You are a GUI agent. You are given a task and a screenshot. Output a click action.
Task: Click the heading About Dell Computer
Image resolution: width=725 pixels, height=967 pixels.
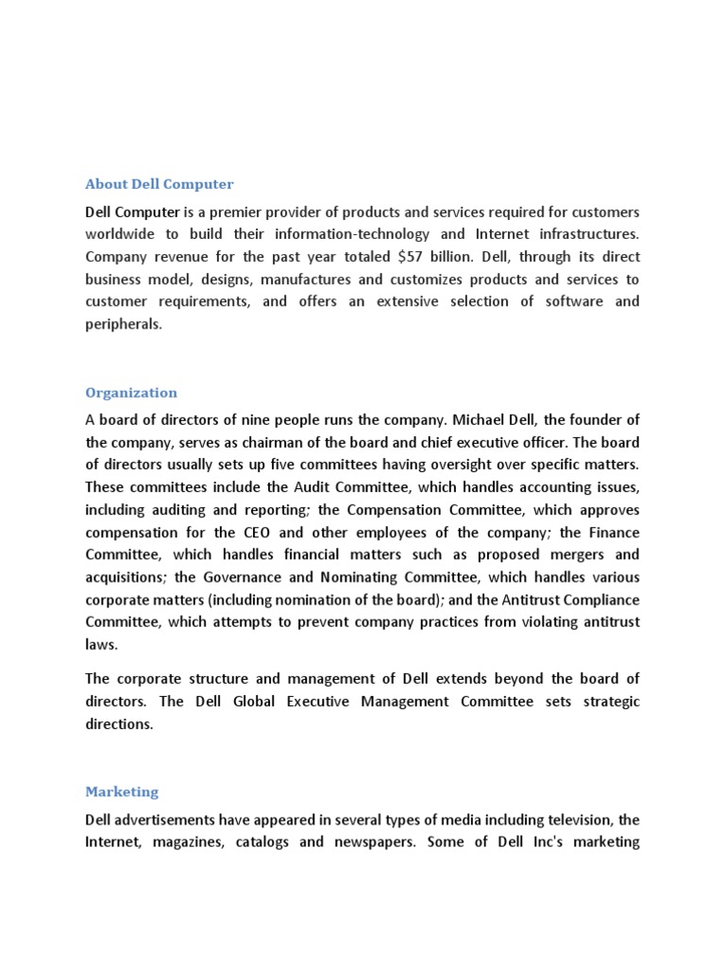(x=160, y=184)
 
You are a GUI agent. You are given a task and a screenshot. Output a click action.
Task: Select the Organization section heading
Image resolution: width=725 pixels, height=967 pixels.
(x=131, y=392)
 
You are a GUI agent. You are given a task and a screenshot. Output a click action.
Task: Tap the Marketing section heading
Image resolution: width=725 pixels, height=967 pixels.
(x=122, y=791)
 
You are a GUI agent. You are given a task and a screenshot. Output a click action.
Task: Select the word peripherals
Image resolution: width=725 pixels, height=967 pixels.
(x=123, y=324)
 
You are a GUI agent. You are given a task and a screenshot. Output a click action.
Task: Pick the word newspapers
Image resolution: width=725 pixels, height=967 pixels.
(x=370, y=841)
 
